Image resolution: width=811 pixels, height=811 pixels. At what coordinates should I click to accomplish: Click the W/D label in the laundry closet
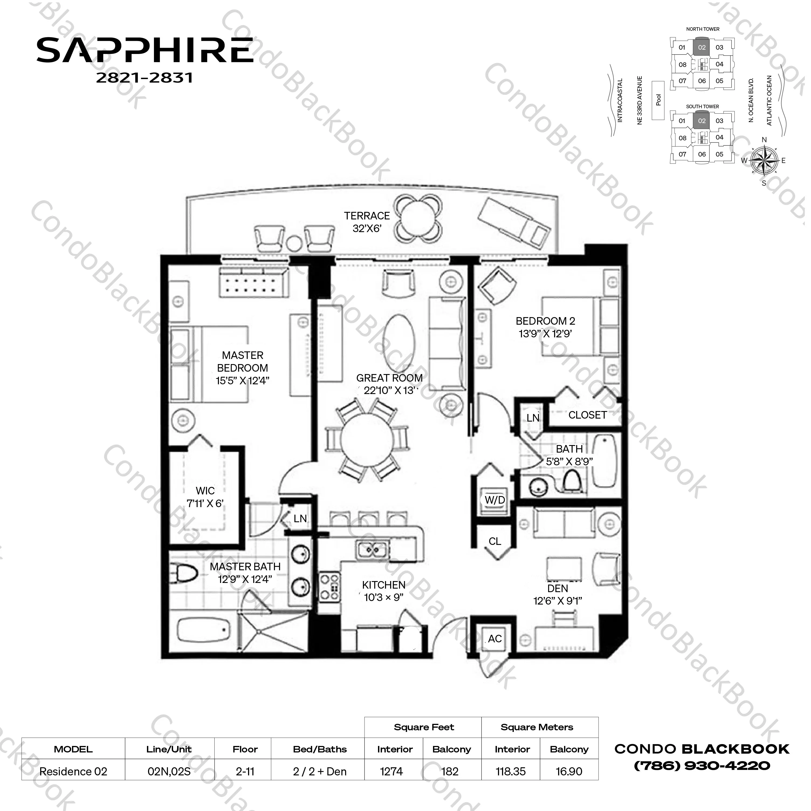(x=494, y=500)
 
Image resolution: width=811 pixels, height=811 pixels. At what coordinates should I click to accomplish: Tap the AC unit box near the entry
(x=494, y=639)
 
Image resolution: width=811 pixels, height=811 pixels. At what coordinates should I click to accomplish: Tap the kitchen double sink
(x=372, y=549)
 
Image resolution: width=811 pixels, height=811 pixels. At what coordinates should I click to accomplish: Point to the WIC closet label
(x=205, y=491)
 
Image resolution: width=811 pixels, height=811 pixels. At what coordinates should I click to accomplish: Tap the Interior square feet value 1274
(x=391, y=772)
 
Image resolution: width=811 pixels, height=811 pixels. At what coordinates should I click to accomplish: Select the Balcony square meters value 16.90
(x=569, y=772)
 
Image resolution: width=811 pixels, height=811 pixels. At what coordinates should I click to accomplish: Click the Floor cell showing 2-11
(x=245, y=772)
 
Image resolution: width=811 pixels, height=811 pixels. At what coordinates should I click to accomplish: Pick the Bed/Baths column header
(x=320, y=749)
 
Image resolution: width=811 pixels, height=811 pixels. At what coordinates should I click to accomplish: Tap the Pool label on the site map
(x=658, y=100)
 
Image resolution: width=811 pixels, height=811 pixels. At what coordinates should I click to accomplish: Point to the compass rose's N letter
(x=764, y=140)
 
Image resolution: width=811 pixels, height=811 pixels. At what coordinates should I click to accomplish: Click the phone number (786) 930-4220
(x=702, y=766)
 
